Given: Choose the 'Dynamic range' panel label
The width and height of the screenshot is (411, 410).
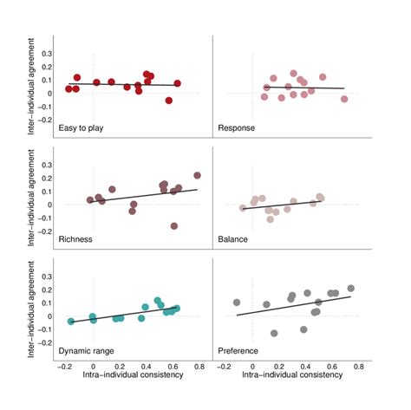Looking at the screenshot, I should [89, 350].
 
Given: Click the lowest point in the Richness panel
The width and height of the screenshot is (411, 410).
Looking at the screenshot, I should [174, 225].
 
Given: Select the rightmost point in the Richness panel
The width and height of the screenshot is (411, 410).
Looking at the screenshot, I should [197, 175].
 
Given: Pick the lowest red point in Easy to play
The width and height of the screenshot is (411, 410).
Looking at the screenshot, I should [169, 101].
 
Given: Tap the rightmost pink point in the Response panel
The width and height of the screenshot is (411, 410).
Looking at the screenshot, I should [344, 99].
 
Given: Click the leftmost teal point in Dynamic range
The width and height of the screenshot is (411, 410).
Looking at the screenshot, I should [71, 322].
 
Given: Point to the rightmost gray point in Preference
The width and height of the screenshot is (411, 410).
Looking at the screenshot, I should [351, 289].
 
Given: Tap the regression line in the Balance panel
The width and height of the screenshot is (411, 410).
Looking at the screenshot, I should [286, 205].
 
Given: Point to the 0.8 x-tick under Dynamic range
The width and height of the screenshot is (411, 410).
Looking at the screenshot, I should [199, 367].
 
